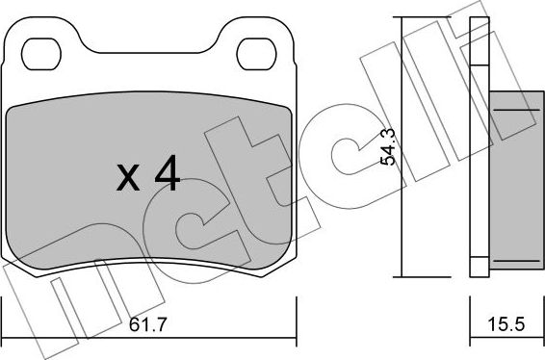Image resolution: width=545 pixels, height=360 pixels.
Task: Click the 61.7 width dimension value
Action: tap(148, 325)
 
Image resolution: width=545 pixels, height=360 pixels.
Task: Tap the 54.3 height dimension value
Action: tap(388, 146)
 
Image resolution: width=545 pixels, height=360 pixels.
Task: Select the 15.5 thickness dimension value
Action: tap(506, 324)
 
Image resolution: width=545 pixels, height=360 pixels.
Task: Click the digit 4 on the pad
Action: tap(168, 173)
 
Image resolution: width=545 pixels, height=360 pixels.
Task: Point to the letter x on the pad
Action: tap(128, 178)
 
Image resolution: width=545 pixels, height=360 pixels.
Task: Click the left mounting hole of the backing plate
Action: tap(41, 54)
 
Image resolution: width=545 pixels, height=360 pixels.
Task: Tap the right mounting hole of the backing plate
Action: tap(256, 54)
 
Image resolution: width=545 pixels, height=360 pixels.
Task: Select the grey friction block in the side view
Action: tap(516, 180)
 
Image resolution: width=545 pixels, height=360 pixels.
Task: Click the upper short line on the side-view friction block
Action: tap(516, 110)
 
